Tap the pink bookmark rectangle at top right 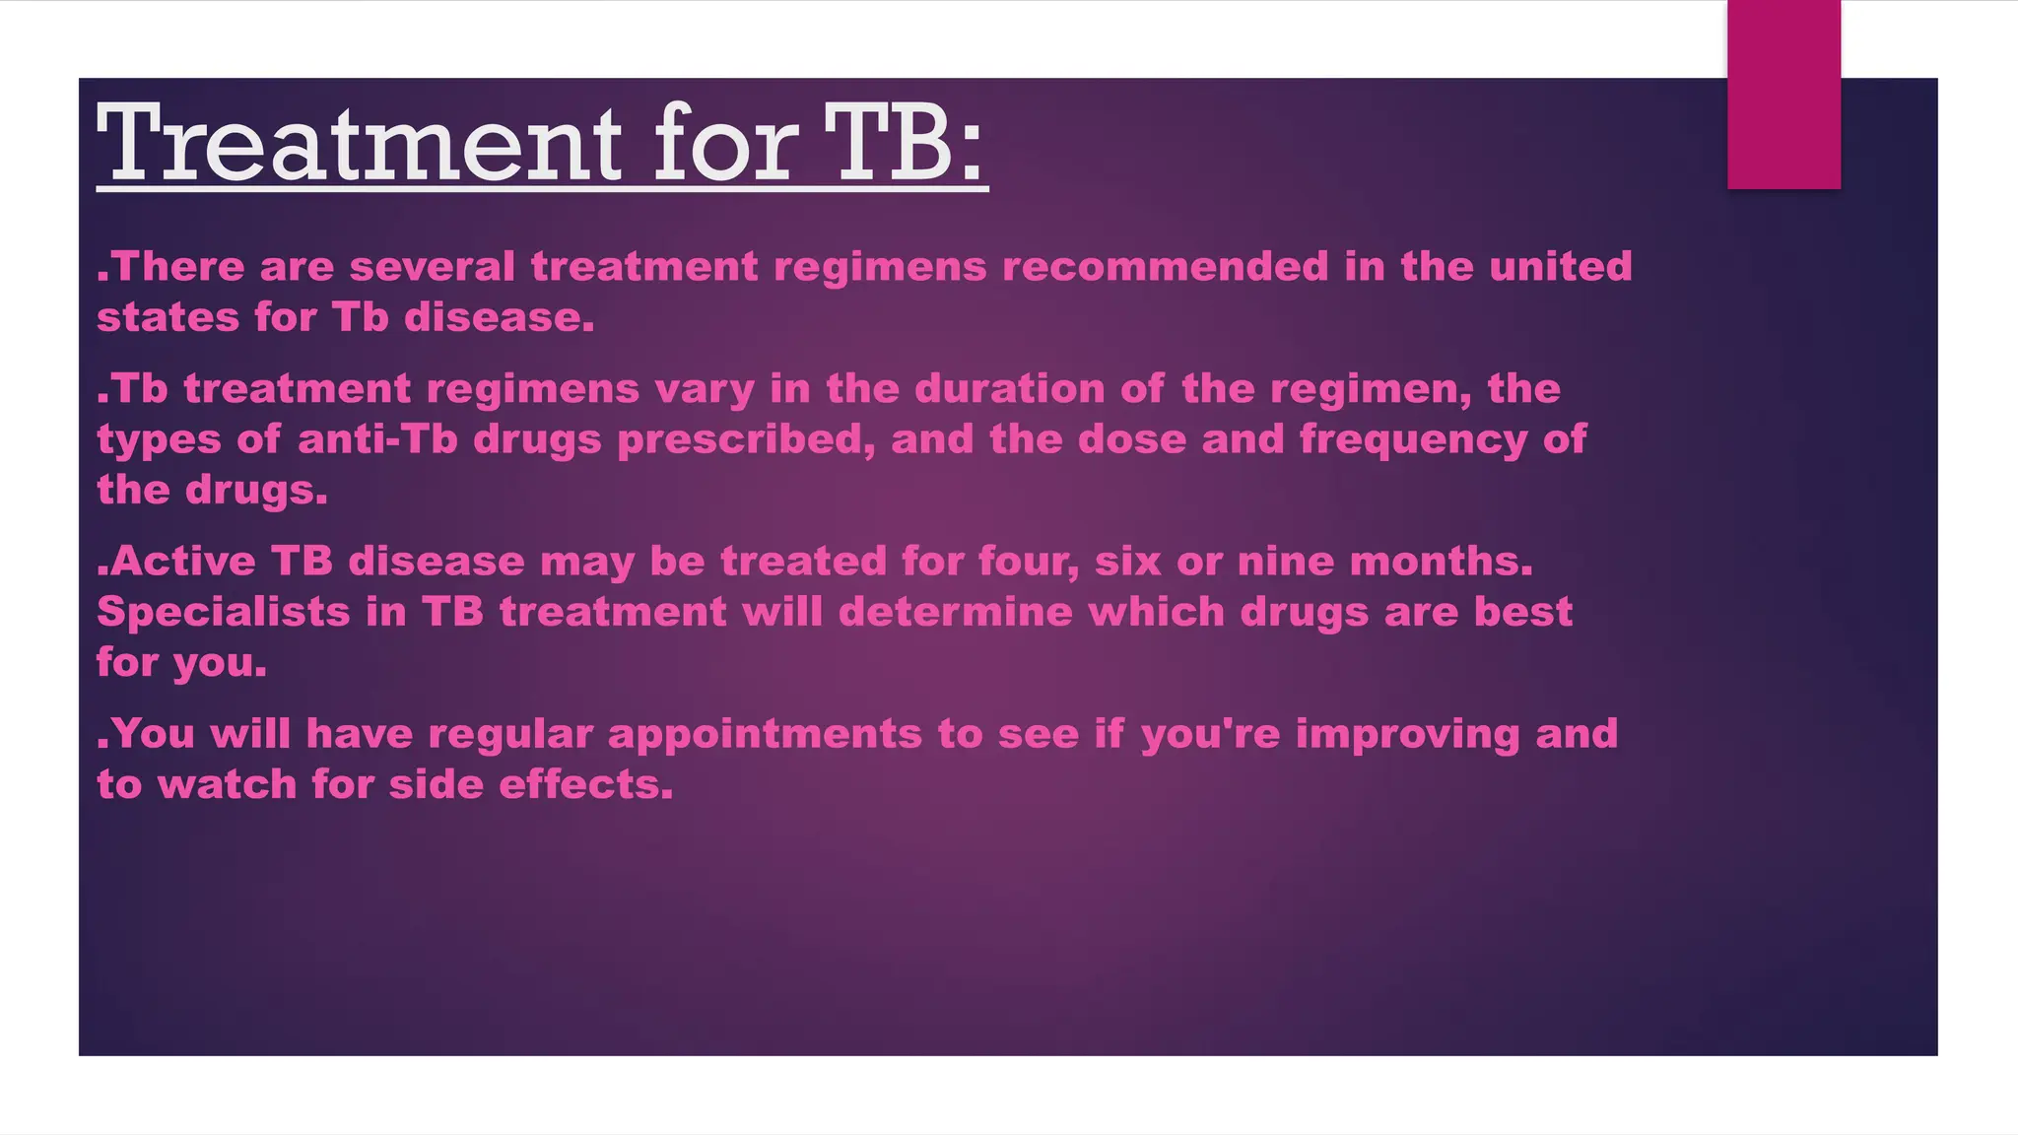(1783, 95)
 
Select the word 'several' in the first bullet (432, 267)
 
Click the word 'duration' (1010, 389)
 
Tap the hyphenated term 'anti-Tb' (377, 439)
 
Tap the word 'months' (1440, 562)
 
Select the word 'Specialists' (224, 612)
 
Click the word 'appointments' (765, 734)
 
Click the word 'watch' (227, 785)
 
